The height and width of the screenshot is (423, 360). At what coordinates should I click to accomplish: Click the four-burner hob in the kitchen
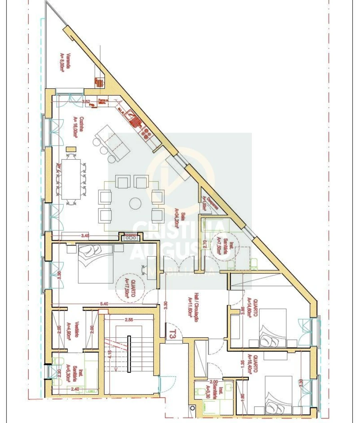(148, 134)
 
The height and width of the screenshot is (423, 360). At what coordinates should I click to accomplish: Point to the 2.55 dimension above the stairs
(129, 320)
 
